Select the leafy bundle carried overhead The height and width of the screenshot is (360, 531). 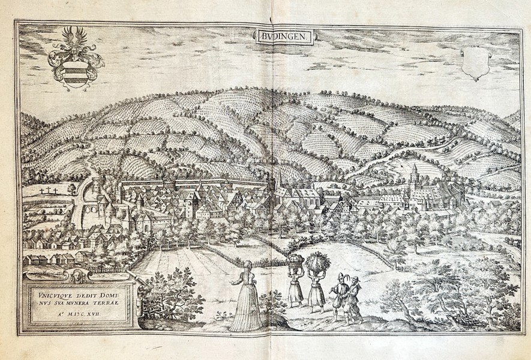(x=316, y=262)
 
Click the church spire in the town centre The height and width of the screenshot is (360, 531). (x=277, y=182)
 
